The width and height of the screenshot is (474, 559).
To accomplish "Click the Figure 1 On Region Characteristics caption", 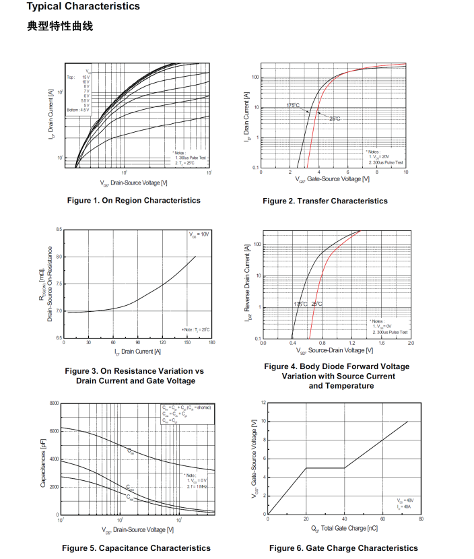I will [133, 200].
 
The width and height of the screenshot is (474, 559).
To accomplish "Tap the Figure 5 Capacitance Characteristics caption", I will [136, 548].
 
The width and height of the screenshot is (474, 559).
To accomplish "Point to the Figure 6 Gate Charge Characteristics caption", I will [343, 548].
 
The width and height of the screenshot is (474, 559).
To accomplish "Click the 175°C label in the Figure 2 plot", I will [293, 105].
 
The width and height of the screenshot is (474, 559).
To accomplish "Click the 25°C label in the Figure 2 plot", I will [335, 119].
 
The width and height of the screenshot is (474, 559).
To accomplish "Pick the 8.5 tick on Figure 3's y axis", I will [59, 230].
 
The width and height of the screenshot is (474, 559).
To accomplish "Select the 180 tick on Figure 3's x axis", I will [211, 343].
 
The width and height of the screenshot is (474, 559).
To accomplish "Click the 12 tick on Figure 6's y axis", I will [264, 403].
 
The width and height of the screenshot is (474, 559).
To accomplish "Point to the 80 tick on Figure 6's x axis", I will [421, 519].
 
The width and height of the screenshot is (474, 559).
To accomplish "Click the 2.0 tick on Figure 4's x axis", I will [411, 343].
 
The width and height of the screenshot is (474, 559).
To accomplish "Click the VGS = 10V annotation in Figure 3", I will [199, 234].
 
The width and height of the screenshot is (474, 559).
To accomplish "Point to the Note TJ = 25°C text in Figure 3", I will [196, 329].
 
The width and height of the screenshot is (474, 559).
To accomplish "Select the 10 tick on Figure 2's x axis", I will [406, 172].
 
